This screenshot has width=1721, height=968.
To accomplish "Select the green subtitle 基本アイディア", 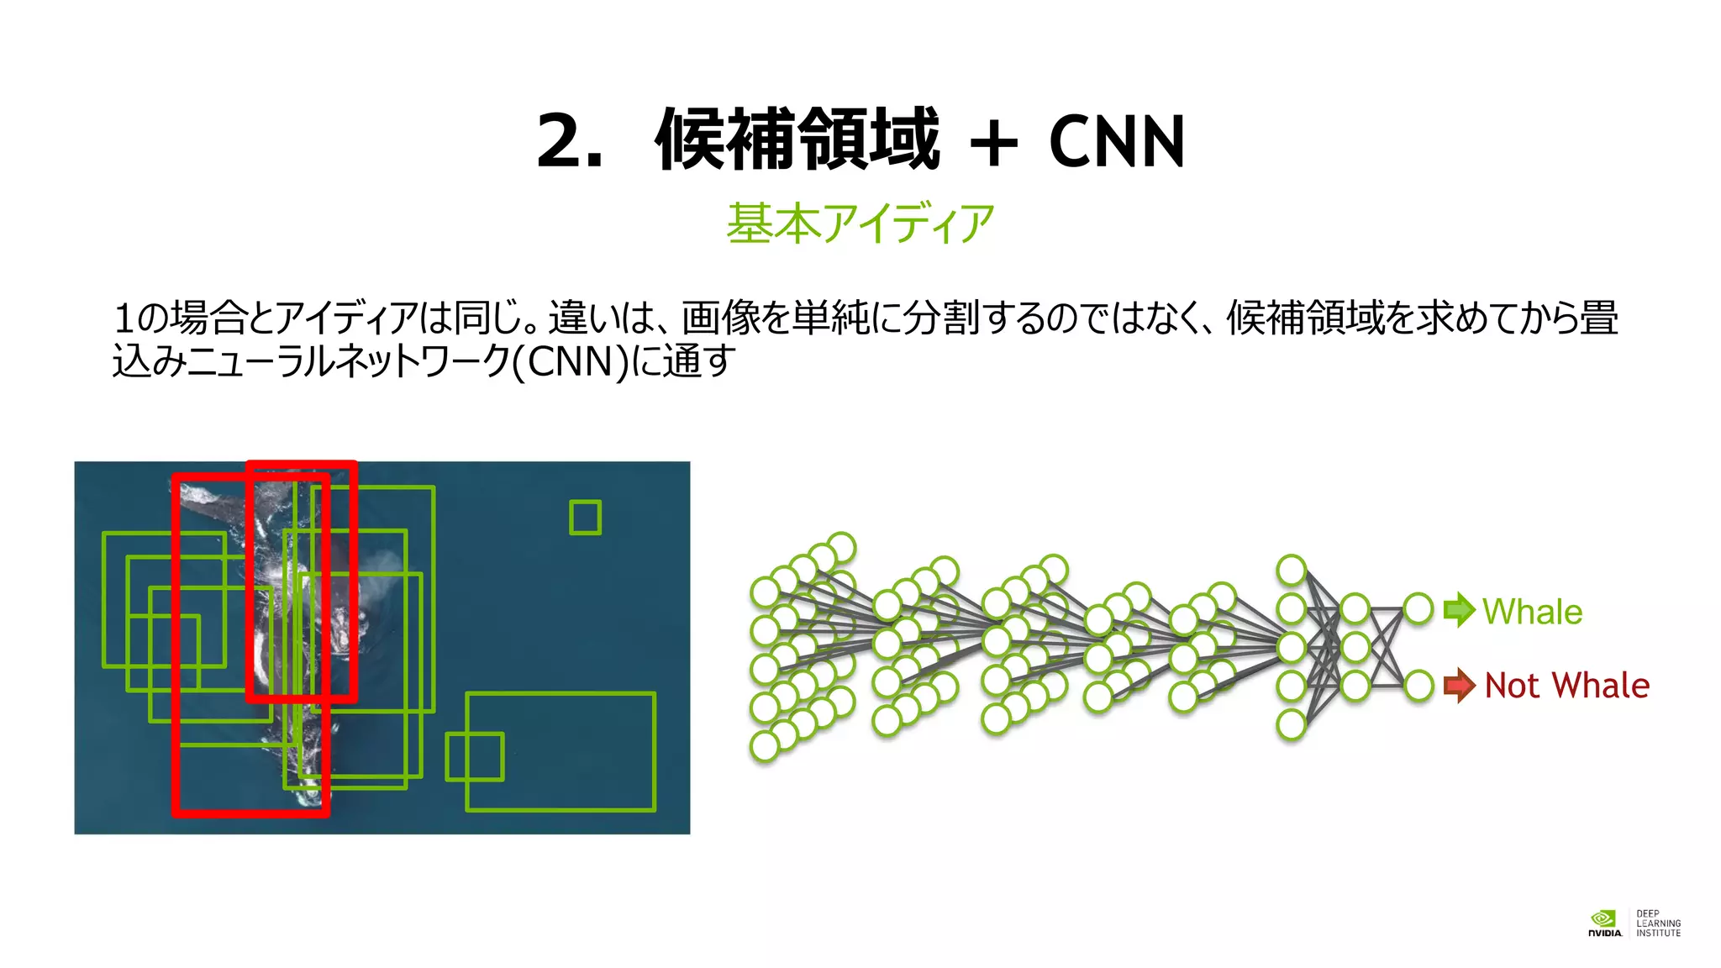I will pos(860,224).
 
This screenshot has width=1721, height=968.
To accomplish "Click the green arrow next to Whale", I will pos(1460,610).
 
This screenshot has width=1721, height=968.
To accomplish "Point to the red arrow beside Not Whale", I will pos(1460,686).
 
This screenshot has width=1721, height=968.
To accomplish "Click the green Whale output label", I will pos(1532,612).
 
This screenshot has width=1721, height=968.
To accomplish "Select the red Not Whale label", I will pos(1566,686).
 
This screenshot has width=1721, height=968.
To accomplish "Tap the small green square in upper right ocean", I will pos(585,517).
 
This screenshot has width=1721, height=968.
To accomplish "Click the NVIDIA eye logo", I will pos(1603,918).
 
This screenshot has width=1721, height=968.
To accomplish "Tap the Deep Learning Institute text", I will pos(1658,923).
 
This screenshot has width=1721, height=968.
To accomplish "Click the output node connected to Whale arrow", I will pos(1418,608).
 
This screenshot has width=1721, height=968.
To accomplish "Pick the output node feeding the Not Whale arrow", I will pos(1418,686).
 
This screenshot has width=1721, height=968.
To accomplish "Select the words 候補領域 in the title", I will pos(797,140).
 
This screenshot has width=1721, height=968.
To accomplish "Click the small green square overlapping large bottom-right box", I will pos(475,756).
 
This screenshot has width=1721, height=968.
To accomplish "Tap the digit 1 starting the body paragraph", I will pos(123,318).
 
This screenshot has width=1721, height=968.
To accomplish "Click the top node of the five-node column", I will pos(1291,570).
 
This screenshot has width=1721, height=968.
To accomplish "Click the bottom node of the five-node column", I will pos(1291,724).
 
